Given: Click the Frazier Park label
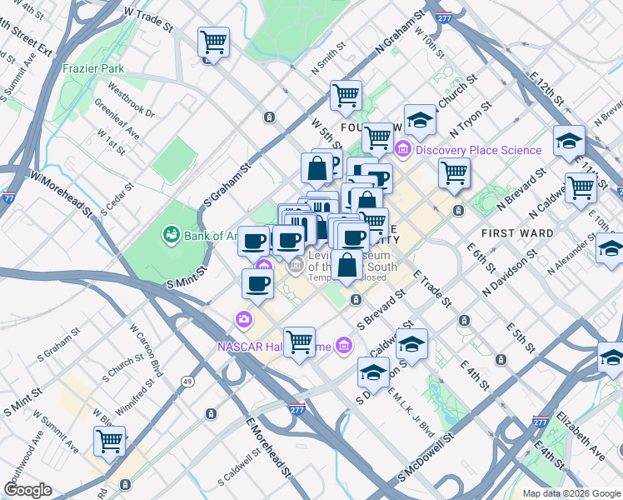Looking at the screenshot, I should [92, 68].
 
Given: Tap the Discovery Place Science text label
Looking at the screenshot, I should [479, 150].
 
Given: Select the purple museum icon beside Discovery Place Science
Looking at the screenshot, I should [403, 150].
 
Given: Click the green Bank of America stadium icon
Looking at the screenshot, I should [172, 235].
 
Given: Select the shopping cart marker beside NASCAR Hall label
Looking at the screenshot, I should [300, 341].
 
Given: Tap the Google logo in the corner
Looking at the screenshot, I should [28, 490].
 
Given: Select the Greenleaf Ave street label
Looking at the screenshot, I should [117, 121].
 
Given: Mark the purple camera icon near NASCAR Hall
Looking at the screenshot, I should [244, 318].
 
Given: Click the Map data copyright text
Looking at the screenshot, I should [570, 493].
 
